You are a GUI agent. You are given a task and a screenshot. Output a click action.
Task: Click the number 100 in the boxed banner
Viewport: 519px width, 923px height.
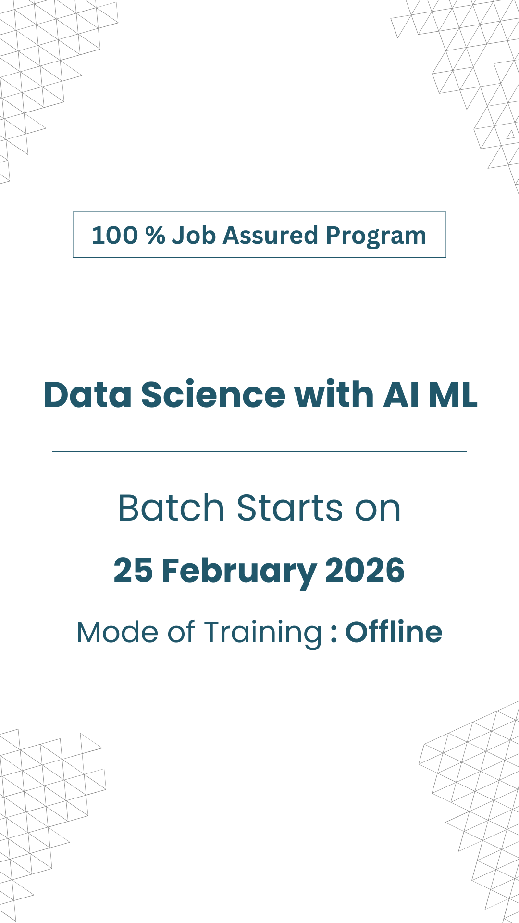click(x=115, y=236)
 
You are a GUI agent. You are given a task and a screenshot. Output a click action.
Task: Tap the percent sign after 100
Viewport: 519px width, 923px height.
click(x=155, y=236)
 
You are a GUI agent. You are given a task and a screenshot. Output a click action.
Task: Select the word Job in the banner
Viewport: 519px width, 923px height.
click(x=194, y=236)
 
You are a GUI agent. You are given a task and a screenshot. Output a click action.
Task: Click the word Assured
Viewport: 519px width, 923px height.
click(x=270, y=236)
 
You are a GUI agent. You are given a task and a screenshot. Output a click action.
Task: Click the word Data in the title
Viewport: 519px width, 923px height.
click(x=87, y=395)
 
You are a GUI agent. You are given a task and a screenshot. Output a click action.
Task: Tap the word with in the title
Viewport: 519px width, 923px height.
click(x=334, y=394)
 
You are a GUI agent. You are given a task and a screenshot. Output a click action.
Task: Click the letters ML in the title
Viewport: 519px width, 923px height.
click(x=453, y=395)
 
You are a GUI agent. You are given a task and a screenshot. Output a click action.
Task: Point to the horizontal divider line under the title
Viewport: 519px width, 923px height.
click(x=259, y=452)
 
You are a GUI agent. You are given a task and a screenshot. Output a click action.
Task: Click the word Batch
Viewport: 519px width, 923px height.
click(x=171, y=508)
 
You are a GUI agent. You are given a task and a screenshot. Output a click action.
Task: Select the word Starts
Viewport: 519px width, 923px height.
click(x=290, y=508)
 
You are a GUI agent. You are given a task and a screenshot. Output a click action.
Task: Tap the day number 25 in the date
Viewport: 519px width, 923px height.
click(x=133, y=571)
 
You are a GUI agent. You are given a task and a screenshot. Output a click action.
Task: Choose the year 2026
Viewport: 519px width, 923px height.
click(x=365, y=571)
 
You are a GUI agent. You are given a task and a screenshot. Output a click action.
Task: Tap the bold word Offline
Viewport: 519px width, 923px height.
click(x=394, y=632)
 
